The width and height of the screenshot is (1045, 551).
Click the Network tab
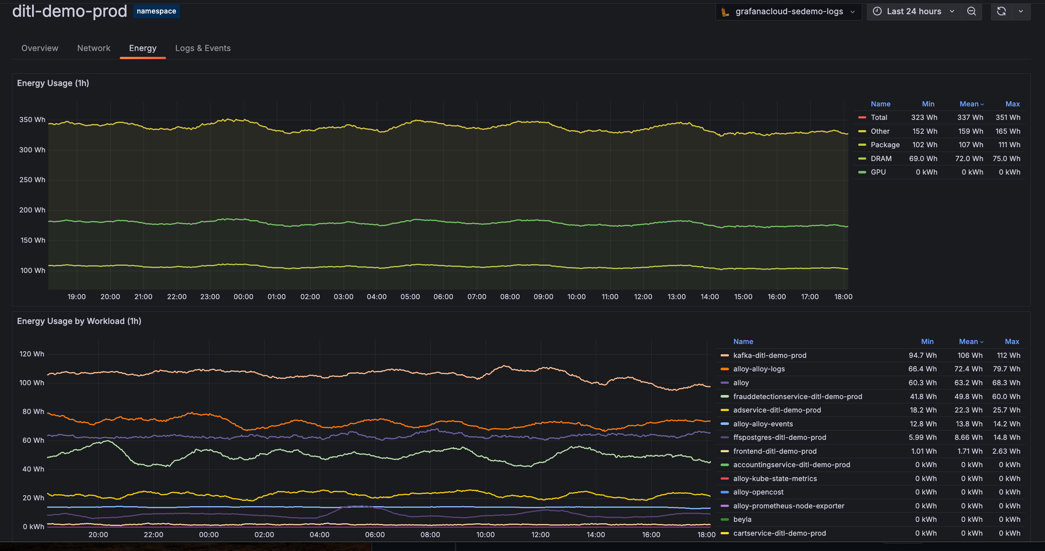tap(94, 48)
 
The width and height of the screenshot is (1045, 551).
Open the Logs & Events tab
tap(203, 48)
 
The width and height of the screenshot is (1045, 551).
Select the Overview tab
tap(40, 48)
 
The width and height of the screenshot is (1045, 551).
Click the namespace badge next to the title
tap(156, 11)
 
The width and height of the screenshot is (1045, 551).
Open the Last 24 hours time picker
tap(914, 11)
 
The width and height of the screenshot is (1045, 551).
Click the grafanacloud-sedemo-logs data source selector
tap(789, 11)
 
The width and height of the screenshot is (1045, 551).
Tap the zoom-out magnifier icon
tap(971, 11)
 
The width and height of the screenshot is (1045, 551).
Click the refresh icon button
tap(1001, 11)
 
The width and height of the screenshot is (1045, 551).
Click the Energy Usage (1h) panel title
tap(53, 83)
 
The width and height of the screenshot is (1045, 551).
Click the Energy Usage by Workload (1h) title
tap(79, 321)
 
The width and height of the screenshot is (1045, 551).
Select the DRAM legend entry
tap(881, 159)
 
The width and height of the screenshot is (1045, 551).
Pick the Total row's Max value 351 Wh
tap(1008, 117)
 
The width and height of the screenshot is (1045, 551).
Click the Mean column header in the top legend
tap(969, 104)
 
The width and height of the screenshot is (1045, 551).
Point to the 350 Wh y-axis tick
tap(32, 120)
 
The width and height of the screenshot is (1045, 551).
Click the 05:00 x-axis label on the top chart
tap(410, 297)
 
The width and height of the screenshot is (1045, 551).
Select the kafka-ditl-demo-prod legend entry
tap(770, 355)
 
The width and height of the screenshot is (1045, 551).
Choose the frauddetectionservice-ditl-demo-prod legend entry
tap(797, 396)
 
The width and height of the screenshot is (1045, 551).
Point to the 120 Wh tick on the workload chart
tap(32, 354)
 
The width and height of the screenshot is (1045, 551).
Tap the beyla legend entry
tap(742, 519)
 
